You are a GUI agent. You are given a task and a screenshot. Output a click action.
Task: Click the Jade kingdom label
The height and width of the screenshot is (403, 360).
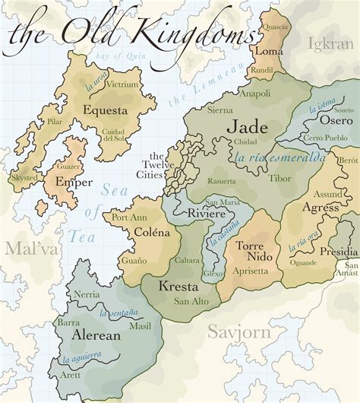pyautogui.click(x=248, y=127)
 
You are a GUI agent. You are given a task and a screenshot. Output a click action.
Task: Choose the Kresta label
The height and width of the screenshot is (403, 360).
pyautogui.click(x=178, y=287)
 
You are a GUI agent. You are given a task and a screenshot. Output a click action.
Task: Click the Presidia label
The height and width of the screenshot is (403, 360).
pyautogui.click(x=338, y=252)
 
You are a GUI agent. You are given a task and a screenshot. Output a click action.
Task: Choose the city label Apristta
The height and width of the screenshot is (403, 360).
pyautogui.click(x=251, y=271)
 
